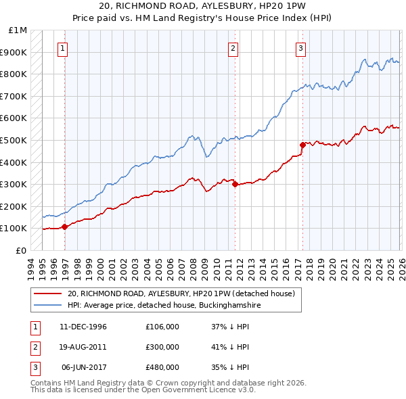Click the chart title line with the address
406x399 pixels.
pyautogui.click(x=202, y=6)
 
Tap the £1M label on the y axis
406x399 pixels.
pyautogui.click(x=18, y=30)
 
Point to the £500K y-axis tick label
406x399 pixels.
pyautogui.click(x=14, y=141)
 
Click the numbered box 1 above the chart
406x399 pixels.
pyautogui.click(x=62, y=48)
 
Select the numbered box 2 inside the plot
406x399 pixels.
pyautogui.click(x=233, y=48)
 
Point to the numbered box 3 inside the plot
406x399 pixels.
pyautogui.click(x=300, y=48)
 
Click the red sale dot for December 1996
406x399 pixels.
pyautogui.click(x=65, y=227)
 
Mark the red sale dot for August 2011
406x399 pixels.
pyautogui.click(x=235, y=184)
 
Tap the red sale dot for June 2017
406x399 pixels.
pyautogui.click(x=302, y=144)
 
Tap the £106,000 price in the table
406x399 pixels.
pyautogui.click(x=162, y=326)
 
